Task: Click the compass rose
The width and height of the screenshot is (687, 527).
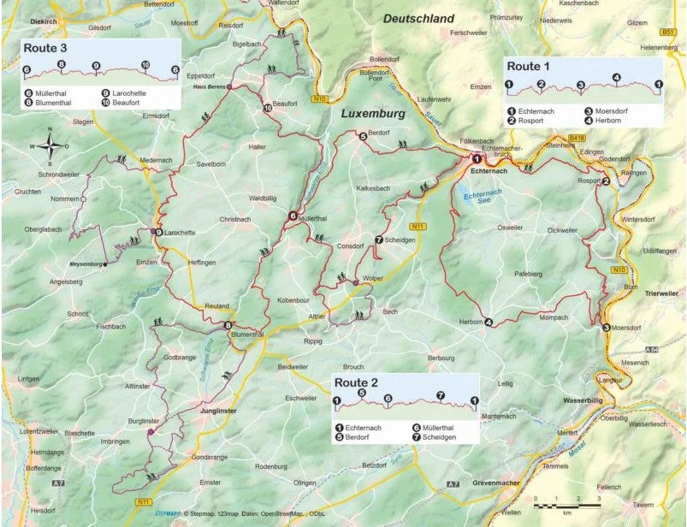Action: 50,146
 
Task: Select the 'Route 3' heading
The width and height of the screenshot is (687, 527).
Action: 45,47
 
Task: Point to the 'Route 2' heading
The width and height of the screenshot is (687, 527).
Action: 356,382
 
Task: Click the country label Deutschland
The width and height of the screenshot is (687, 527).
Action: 419,18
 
